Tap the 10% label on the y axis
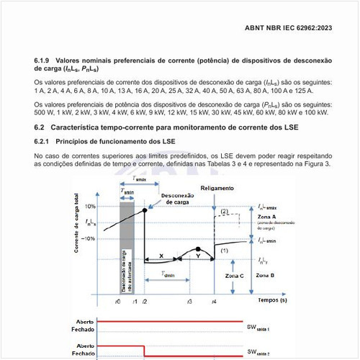tap(90, 207)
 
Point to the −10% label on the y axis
tap(89, 238)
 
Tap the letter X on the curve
tap(161, 256)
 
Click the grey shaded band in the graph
tap(126, 245)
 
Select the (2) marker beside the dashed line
tap(225, 212)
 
